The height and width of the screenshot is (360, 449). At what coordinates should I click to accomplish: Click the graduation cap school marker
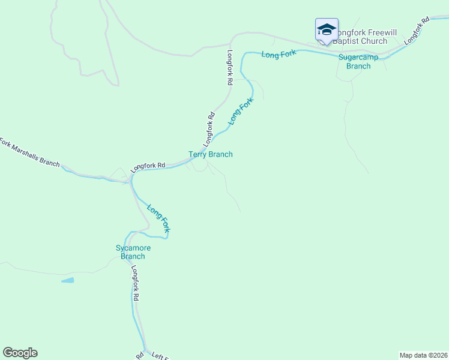point(327,30)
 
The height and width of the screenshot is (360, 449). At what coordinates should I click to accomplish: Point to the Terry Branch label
point(211,154)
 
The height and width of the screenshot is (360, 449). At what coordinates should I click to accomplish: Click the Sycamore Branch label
point(133,252)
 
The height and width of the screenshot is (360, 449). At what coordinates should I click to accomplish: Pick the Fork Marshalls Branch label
point(30,154)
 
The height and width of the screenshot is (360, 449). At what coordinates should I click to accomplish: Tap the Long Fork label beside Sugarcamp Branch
point(279,54)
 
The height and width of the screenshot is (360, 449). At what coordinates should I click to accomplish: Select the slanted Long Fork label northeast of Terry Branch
point(241,111)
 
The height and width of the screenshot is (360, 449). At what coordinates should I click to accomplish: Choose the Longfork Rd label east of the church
point(417,30)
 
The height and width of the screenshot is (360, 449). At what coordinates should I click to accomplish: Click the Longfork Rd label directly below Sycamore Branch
point(136,283)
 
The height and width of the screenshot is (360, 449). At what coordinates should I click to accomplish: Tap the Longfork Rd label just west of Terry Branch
point(148,165)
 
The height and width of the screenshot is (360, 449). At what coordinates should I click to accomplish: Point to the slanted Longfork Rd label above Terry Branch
point(208,130)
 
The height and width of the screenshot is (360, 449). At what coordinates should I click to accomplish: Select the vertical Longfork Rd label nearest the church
point(229,67)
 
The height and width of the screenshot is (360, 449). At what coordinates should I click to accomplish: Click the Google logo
point(20,353)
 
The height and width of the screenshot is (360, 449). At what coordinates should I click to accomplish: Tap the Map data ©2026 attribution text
point(423,355)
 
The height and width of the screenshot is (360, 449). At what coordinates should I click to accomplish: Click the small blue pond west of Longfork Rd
point(67,280)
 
